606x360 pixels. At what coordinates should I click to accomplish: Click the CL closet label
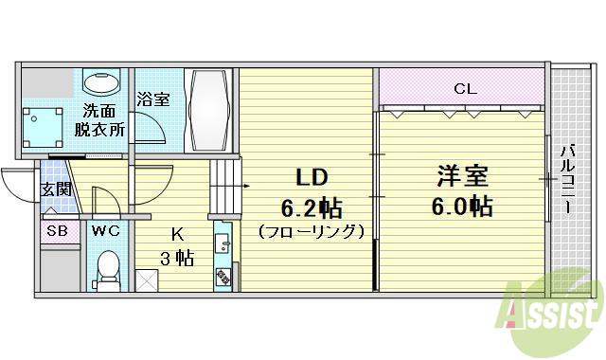tap(464, 89)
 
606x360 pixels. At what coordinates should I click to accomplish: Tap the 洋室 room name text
tap(463, 177)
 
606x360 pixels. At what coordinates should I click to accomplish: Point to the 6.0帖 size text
tap(463, 207)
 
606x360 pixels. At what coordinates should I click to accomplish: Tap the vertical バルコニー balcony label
tap(570, 179)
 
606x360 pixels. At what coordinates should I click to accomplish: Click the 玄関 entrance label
tap(56, 189)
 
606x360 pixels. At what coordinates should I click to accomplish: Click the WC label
tap(105, 229)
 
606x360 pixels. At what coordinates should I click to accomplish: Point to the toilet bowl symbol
tap(107, 268)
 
